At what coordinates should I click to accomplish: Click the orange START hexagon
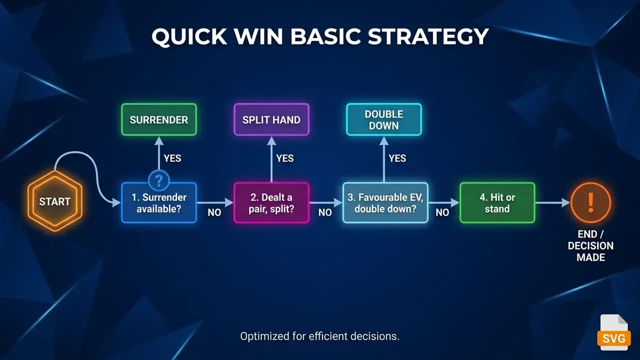(x=55, y=201)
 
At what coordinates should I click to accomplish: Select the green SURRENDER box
(x=159, y=119)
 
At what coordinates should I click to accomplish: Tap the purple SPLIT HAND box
(x=271, y=119)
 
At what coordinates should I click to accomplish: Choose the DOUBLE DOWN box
(x=383, y=119)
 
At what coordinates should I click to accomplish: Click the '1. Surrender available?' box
(x=159, y=203)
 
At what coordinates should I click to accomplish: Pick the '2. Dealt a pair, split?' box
(x=271, y=203)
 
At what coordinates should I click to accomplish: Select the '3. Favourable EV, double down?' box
(x=385, y=203)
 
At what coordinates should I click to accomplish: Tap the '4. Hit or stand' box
(x=497, y=203)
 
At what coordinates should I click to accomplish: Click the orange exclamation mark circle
(x=590, y=202)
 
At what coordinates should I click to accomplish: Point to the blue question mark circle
(x=159, y=180)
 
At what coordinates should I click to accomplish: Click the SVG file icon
(x=613, y=332)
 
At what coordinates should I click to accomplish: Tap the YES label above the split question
(x=285, y=158)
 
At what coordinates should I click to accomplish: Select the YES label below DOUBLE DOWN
(x=397, y=158)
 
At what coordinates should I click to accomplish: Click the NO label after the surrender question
(x=214, y=212)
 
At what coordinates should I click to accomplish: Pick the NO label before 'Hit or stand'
(x=442, y=212)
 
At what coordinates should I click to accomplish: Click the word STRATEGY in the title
(x=428, y=36)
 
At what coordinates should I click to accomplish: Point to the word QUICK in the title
(x=189, y=37)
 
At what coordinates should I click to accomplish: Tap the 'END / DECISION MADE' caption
(x=590, y=245)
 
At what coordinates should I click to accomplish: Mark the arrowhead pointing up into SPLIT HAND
(x=271, y=140)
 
